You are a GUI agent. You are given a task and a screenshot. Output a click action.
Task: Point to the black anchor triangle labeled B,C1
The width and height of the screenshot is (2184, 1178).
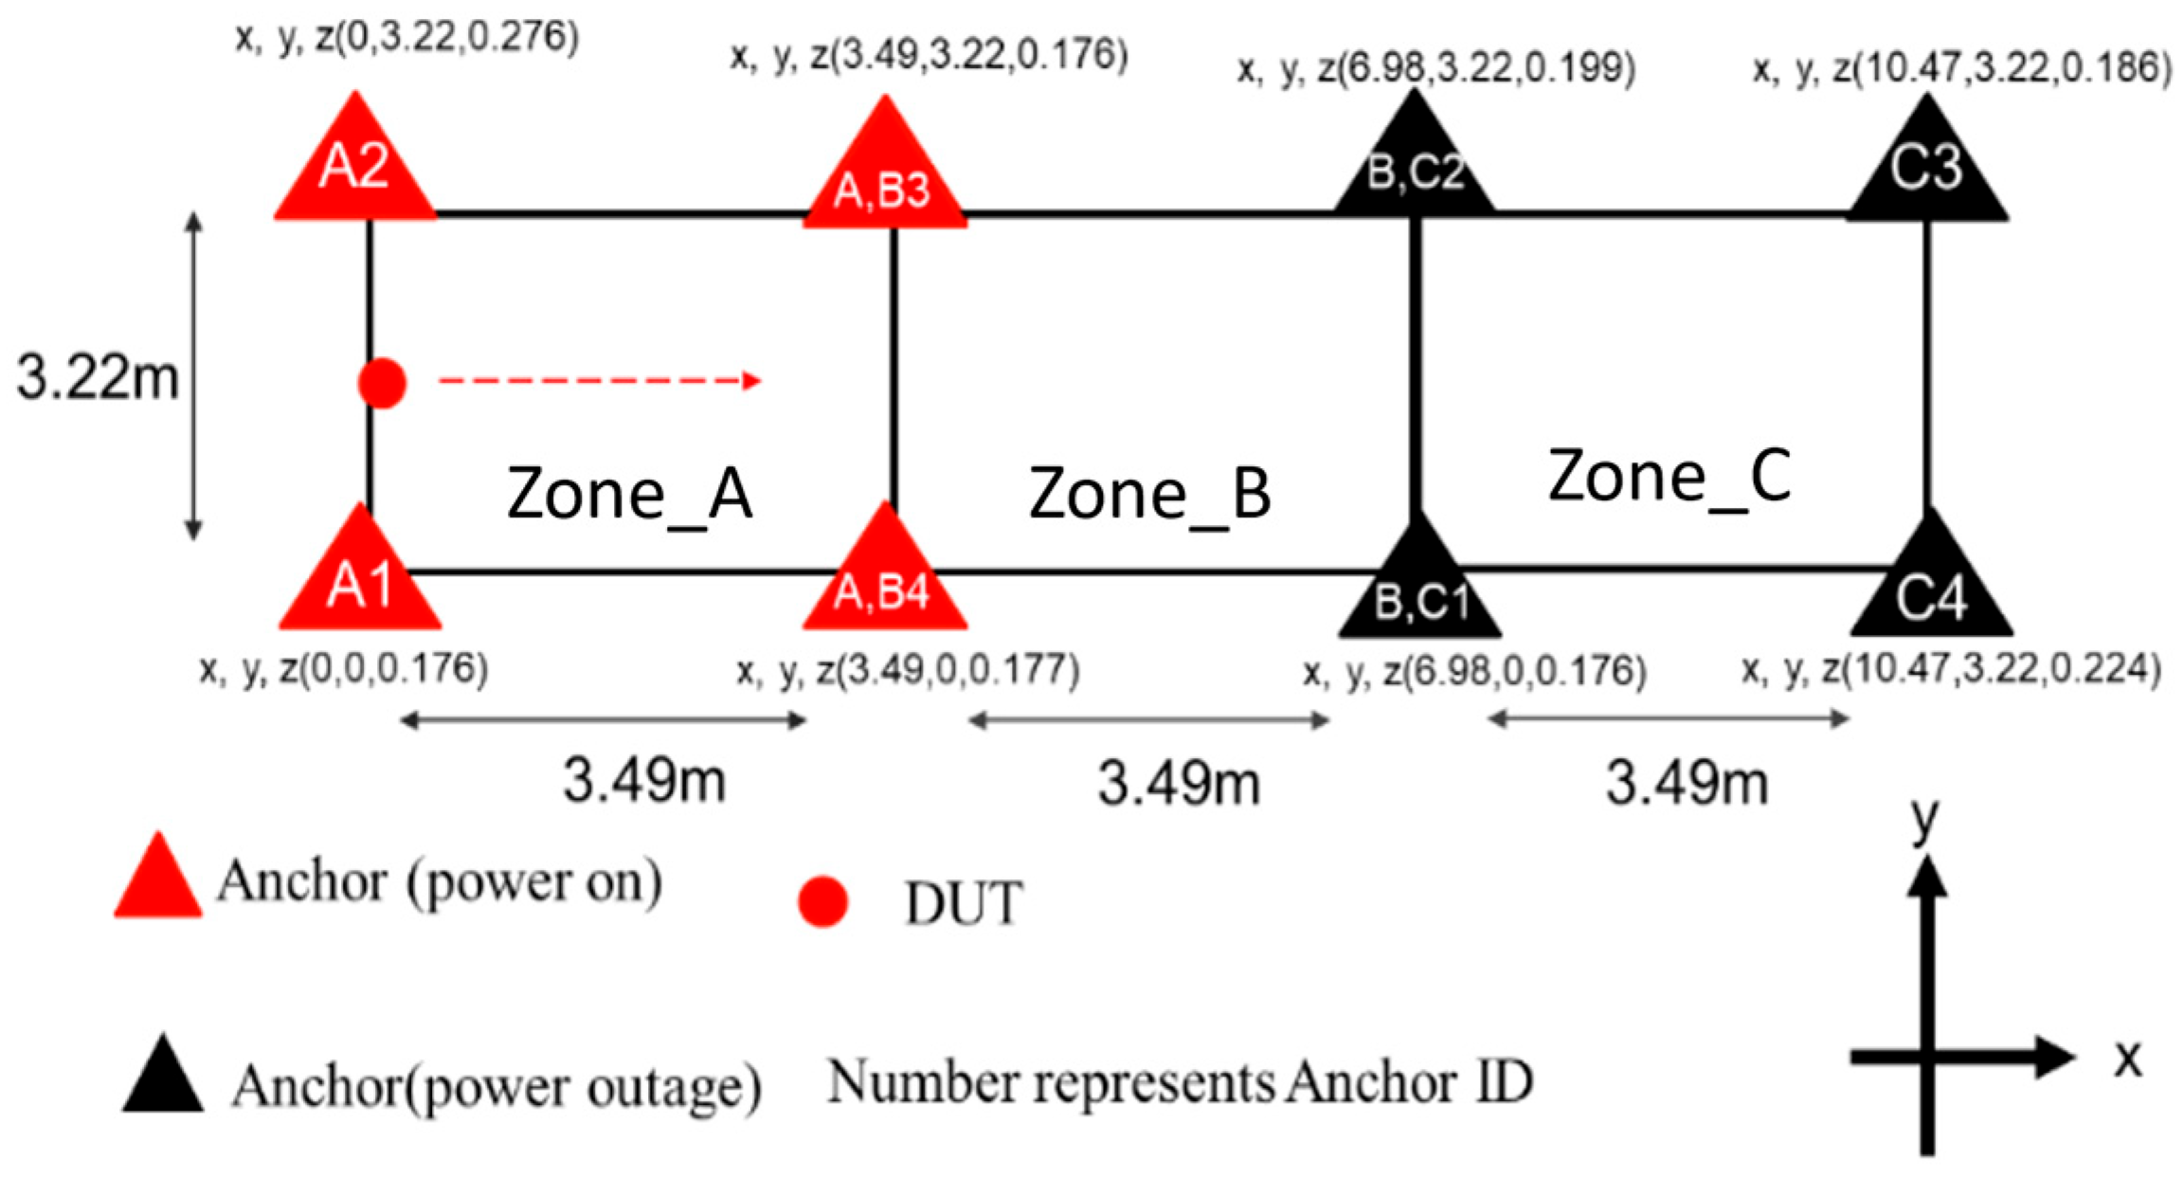tap(1419, 588)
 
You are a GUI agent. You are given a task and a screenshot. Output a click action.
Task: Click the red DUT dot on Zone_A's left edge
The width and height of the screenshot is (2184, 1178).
tap(382, 383)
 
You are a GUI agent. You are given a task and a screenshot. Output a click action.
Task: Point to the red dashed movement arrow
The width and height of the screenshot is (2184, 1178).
tap(599, 381)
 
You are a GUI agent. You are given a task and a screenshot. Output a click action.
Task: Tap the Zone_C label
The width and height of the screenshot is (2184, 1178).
tap(1670, 477)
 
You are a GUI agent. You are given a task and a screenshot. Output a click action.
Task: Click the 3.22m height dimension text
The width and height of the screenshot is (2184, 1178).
tap(98, 377)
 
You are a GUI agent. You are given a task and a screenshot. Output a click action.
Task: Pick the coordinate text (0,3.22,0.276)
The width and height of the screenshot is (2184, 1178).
tap(407, 38)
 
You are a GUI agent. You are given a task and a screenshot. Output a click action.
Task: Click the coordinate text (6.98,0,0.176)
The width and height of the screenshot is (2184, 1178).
tap(1474, 671)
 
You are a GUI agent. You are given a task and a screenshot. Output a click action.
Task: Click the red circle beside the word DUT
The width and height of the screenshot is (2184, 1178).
tap(821, 901)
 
